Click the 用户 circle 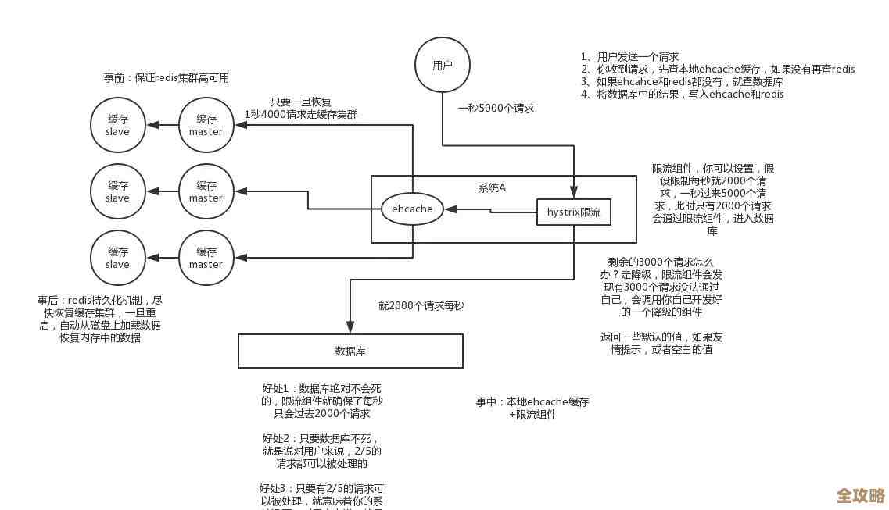click(443, 66)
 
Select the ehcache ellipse click(412, 209)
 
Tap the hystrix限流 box click(574, 212)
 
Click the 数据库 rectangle click(350, 351)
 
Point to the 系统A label click(492, 187)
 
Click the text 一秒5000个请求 click(496, 109)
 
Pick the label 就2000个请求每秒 click(421, 306)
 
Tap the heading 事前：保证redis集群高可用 click(167, 78)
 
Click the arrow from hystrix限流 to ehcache click(489, 209)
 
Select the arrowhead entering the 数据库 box click(350, 329)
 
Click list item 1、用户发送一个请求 click(629, 57)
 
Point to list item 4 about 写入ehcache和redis click(682, 95)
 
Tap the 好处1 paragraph click(322, 401)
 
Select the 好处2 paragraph click(322, 451)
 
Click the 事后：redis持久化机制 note click(100, 319)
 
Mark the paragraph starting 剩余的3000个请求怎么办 click(661, 287)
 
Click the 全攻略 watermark click(860, 496)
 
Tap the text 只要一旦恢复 click(301, 102)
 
